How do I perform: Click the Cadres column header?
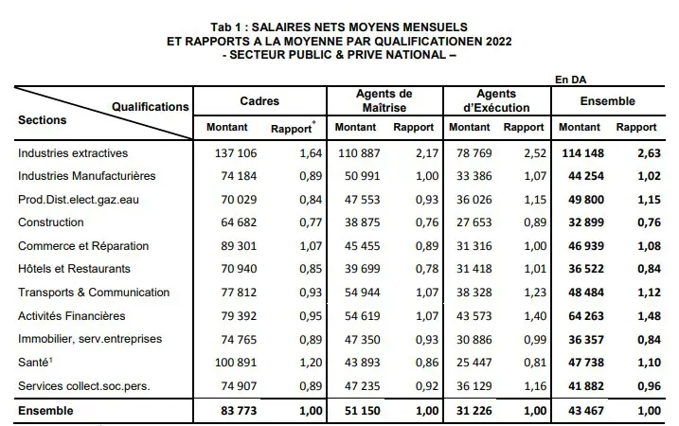pos(259,100)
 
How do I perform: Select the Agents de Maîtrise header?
pos(384,100)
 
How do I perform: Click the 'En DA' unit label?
pos(572,80)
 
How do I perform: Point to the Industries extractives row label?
pos(72,152)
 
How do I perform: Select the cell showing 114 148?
pos(579,152)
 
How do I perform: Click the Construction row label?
pos(54,222)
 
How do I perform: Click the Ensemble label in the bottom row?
pos(45,411)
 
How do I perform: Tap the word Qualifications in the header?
pos(150,107)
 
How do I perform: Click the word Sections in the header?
pos(42,120)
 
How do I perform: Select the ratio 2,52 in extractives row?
pos(529,152)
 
